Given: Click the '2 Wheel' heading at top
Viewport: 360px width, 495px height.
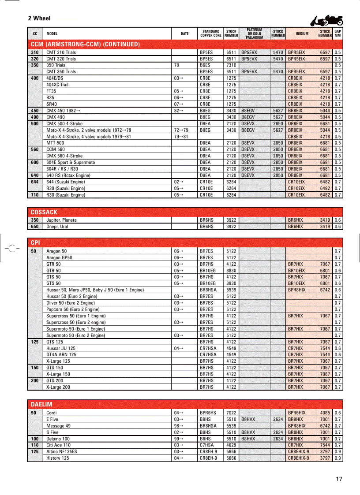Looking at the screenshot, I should click(39, 19).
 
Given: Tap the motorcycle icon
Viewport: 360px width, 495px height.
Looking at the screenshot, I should click(327, 20).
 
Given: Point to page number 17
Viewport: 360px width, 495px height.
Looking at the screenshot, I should click(339, 479).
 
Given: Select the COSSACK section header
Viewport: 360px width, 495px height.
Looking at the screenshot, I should click(44, 212).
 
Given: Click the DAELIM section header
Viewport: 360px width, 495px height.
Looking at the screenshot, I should click(41, 404).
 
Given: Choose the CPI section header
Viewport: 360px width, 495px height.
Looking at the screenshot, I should click(35, 243).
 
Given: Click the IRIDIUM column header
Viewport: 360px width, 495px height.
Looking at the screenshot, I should click(302, 33).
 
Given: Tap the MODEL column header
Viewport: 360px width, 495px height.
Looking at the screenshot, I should click(52, 33).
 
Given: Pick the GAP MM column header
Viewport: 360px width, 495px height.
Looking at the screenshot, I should click(337, 33).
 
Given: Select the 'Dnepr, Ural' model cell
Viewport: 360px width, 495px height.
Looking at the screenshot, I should click(57, 227).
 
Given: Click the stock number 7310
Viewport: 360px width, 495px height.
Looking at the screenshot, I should click(231, 65).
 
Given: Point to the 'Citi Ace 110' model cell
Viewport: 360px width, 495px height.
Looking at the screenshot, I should click(59, 445).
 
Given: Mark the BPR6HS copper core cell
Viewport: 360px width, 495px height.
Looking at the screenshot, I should click(208, 413).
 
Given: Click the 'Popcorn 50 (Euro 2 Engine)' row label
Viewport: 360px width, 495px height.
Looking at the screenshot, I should click(73, 309).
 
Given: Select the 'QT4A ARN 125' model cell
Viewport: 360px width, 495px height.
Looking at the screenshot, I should click(61, 354).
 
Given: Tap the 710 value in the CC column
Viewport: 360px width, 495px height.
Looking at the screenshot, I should click(34, 195).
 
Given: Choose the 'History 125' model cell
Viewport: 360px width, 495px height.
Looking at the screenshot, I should click(58, 458).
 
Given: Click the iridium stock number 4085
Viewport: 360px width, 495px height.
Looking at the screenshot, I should click(325, 413).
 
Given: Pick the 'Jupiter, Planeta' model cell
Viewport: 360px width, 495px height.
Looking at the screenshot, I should click(61, 220).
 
